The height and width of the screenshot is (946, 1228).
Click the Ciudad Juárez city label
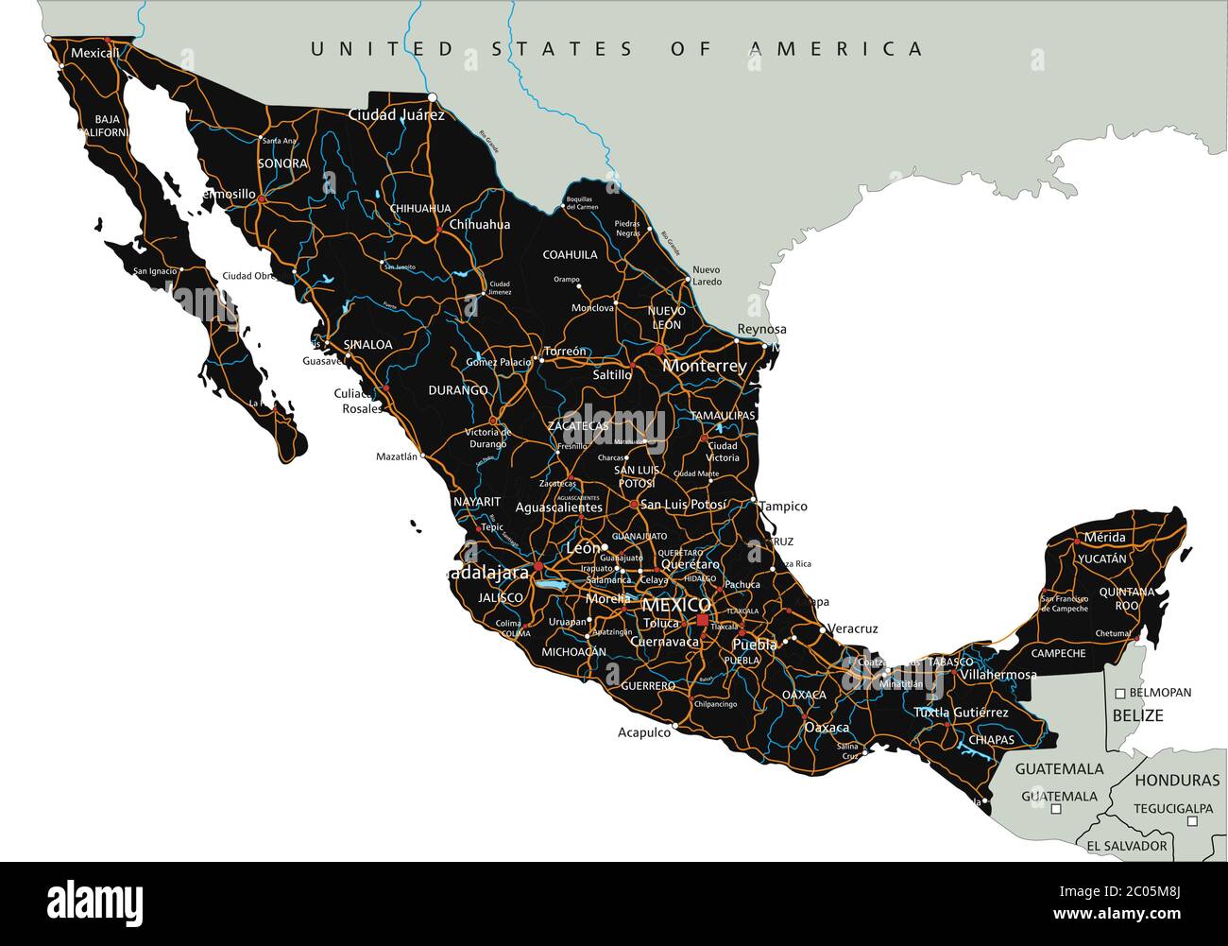coord(396,115)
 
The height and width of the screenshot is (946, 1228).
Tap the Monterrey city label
coord(704,366)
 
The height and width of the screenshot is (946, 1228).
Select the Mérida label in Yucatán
coord(1104,538)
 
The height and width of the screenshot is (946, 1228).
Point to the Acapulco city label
coord(643,732)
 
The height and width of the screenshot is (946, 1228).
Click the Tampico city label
coord(783,507)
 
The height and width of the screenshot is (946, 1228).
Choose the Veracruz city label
coord(852,628)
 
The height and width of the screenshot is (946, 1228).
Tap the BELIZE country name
coord(1136,715)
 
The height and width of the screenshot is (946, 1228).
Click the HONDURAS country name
coord(1177,781)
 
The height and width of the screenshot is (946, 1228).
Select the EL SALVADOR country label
coord(1126,846)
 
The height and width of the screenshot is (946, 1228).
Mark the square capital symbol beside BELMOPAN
coord(1120,694)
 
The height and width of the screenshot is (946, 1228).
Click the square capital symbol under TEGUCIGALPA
coord(1192,821)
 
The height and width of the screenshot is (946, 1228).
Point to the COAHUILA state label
coord(570,255)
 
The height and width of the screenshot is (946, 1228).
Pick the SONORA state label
coord(282,163)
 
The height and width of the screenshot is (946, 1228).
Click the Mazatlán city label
coord(396,456)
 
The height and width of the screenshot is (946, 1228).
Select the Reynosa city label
coord(761,329)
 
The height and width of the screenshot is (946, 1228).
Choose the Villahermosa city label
coord(998,676)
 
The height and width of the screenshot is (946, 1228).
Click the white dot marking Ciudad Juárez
coord(432,97)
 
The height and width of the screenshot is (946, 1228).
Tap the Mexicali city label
coord(95,53)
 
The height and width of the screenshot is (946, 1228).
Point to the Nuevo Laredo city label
coord(706,276)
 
